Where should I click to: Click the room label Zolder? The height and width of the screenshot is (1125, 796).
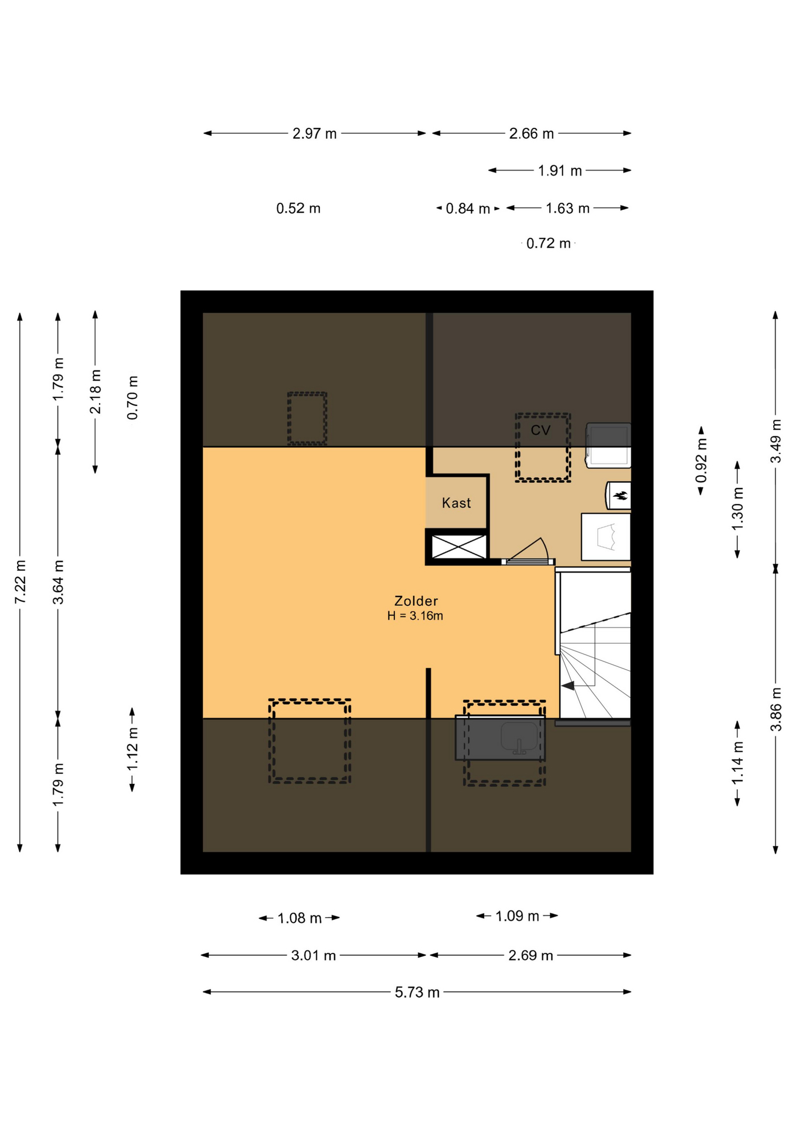coord(416,601)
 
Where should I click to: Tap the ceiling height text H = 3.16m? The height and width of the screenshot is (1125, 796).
coord(415,616)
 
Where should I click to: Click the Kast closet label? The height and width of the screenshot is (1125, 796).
coord(456,503)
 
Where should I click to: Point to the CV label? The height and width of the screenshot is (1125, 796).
coord(540,431)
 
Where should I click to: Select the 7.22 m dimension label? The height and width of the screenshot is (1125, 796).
coord(21,581)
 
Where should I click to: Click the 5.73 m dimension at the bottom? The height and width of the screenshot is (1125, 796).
coord(417,992)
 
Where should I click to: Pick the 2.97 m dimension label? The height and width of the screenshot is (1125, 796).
coord(315,134)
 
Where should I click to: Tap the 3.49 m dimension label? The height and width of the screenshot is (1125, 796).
coord(776,441)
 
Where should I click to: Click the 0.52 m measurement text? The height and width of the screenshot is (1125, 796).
coord(298,209)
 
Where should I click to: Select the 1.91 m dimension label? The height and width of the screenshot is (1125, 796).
coord(560,171)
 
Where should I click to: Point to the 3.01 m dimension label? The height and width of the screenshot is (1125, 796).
coord(314,956)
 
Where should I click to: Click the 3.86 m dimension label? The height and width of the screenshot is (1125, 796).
coord(776,709)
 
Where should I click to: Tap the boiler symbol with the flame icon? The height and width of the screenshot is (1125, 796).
coord(618,496)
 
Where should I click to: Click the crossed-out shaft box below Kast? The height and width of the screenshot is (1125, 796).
coord(458,546)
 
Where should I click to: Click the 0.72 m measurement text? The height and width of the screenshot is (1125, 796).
coord(548,244)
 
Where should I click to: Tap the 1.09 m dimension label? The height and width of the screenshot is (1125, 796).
coord(517,916)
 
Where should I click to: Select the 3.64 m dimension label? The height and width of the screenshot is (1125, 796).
coord(59,581)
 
